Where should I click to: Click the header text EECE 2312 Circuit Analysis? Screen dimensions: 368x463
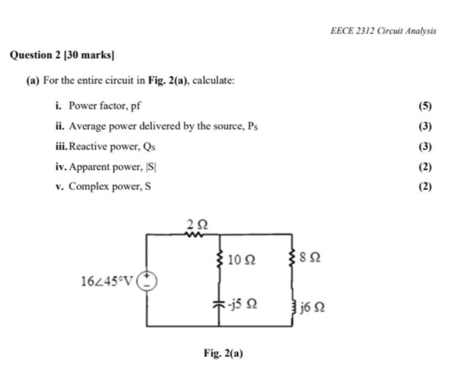383,31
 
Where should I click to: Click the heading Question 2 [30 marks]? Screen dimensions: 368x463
62,55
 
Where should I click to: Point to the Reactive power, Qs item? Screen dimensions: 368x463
109,146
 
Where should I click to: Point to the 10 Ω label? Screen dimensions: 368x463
241,259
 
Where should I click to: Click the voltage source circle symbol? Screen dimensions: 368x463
147,281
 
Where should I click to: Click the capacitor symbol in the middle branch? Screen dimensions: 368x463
220,304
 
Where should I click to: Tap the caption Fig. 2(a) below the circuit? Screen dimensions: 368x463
223,354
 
